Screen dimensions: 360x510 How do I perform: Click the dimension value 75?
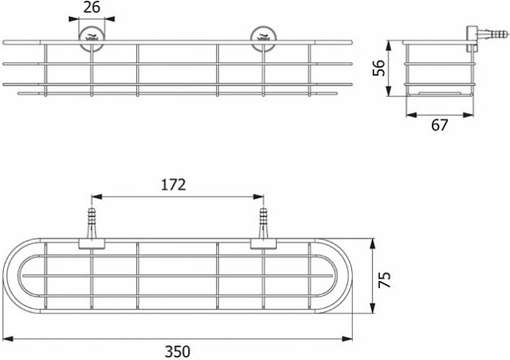386,279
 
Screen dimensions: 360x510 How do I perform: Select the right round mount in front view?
261,37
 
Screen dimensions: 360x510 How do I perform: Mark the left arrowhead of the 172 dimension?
95,196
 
